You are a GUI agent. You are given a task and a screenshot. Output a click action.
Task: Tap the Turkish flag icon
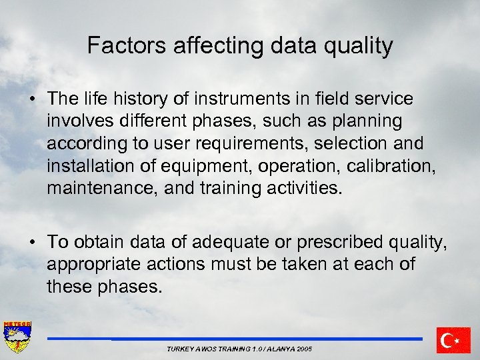click(453, 340)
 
